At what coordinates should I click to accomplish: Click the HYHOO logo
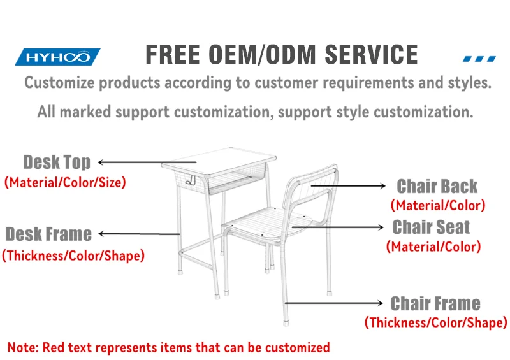[x=57, y=57]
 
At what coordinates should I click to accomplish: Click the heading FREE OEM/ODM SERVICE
[x=282, y=54]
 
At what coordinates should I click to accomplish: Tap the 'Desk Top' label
[x=57, y=162]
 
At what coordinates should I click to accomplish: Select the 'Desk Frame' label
[x=48, y=234]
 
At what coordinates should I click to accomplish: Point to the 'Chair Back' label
[x=437, y=186]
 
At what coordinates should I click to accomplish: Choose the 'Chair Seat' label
[x=431, y=227]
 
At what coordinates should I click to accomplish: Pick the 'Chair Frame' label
[x=435, y=303]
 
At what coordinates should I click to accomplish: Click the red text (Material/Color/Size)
[x=65, y=182]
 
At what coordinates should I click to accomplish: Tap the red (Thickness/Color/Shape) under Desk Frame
[x=73, y=256]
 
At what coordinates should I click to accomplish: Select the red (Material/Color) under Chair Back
[x=438, y=205]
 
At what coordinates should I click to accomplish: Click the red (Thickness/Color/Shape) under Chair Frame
[x=435, y=322]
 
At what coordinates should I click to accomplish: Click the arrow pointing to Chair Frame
[x=335, y=303]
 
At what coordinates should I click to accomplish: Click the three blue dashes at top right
[x=479, y=58]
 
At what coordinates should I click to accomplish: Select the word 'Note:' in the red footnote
[x=23, y=347]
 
